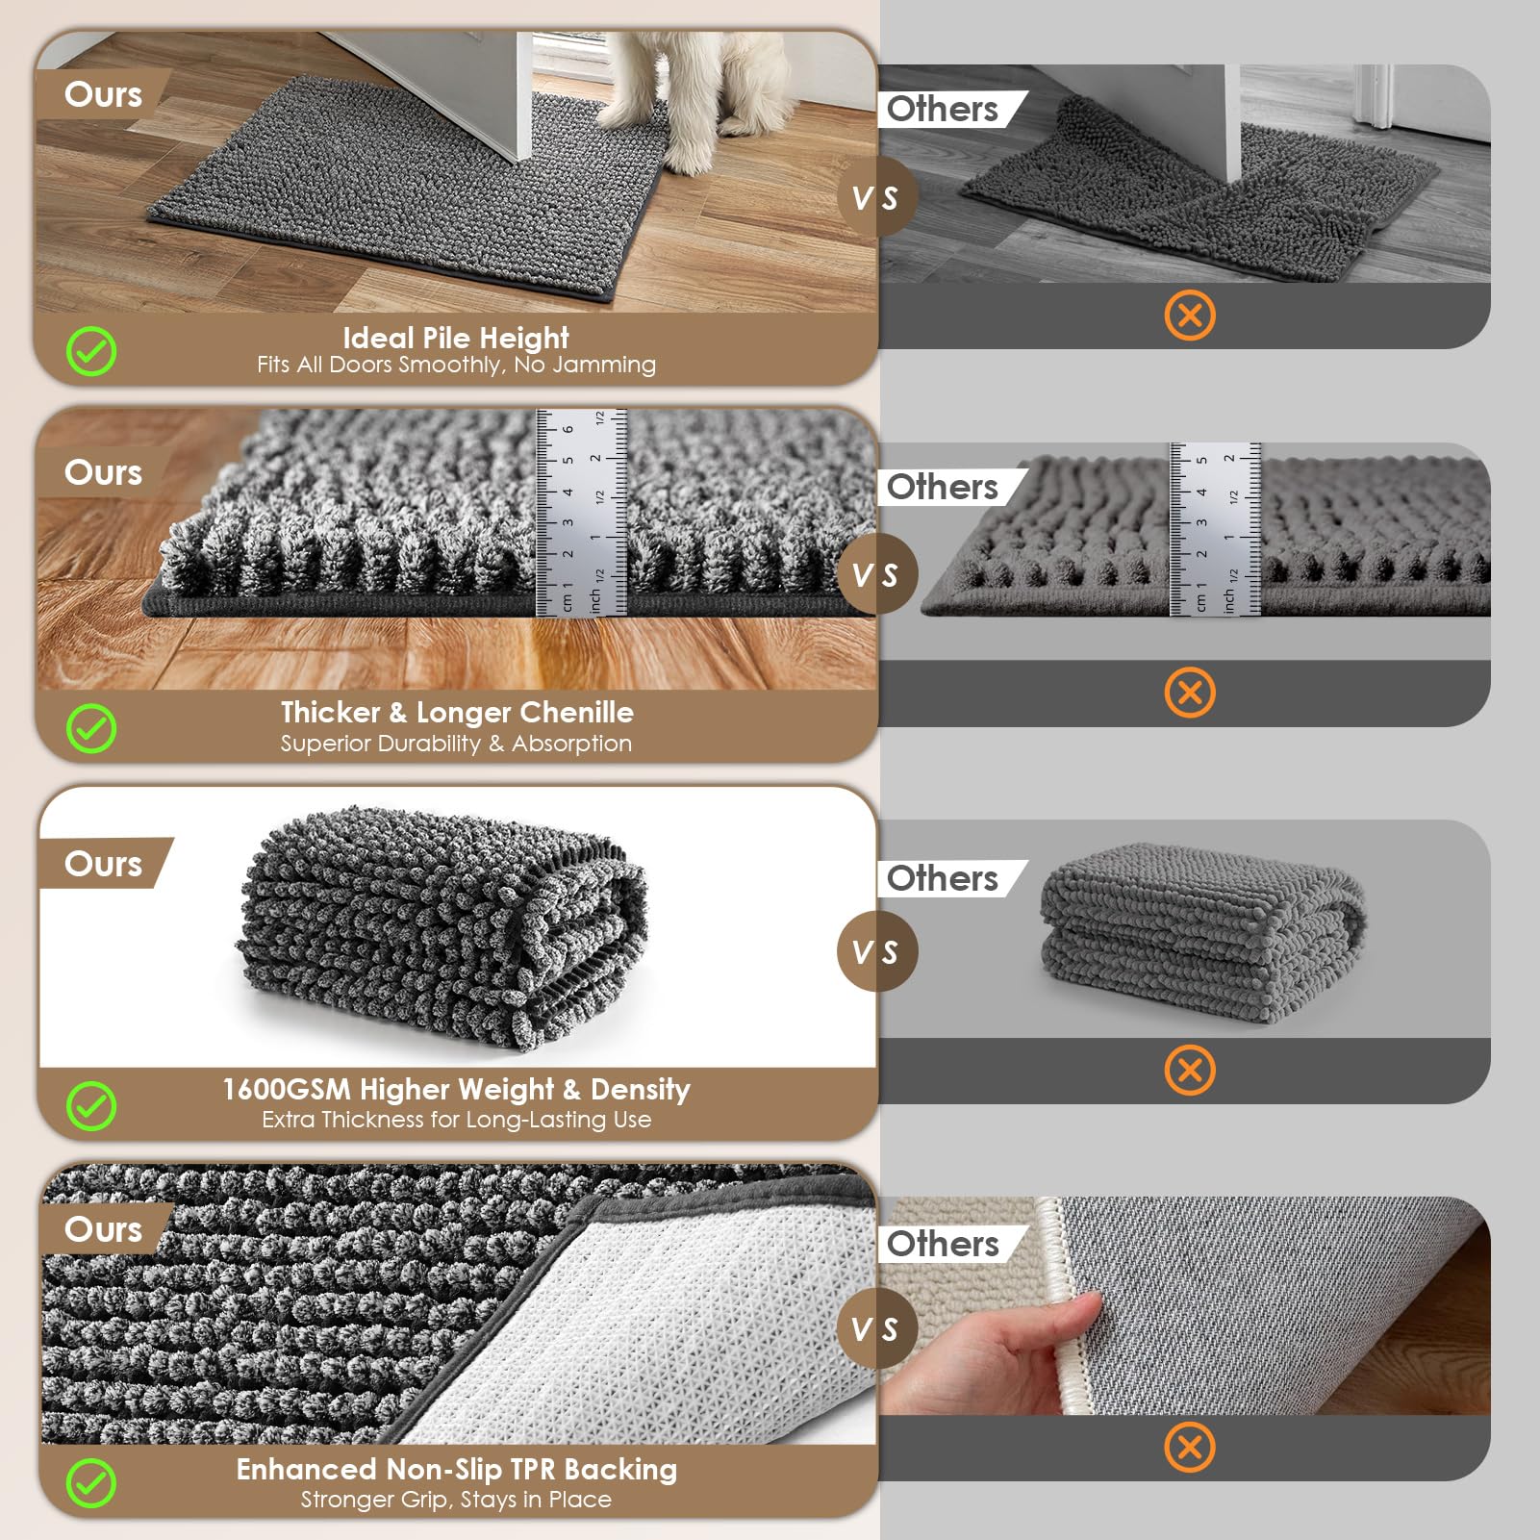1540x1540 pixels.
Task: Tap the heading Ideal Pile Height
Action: tap(456, 338)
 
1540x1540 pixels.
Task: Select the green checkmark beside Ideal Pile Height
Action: tap(91, 351)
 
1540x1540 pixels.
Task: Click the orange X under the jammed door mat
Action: tap(1190, 316)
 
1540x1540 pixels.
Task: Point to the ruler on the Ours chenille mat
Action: tap(581, 512)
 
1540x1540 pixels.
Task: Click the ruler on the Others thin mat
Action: tap(1215, 529)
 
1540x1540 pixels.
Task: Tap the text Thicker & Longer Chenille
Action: tap(457, 713)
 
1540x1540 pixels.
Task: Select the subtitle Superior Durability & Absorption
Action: tap(456, 744)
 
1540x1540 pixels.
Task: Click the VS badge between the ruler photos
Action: tap(875, 574)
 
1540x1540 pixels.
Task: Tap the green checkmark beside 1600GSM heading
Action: tap(91, 1106)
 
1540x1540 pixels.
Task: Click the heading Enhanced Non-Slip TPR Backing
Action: tap(457, 1470)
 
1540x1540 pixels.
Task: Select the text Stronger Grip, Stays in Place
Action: tap(456, 1500)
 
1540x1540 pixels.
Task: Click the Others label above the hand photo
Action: tap(943, 1244)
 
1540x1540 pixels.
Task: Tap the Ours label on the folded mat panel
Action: tap(103, 864)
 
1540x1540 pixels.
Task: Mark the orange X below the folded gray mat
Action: tap(1190, 1071)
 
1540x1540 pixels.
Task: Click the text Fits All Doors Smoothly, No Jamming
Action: tap(456, 365)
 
